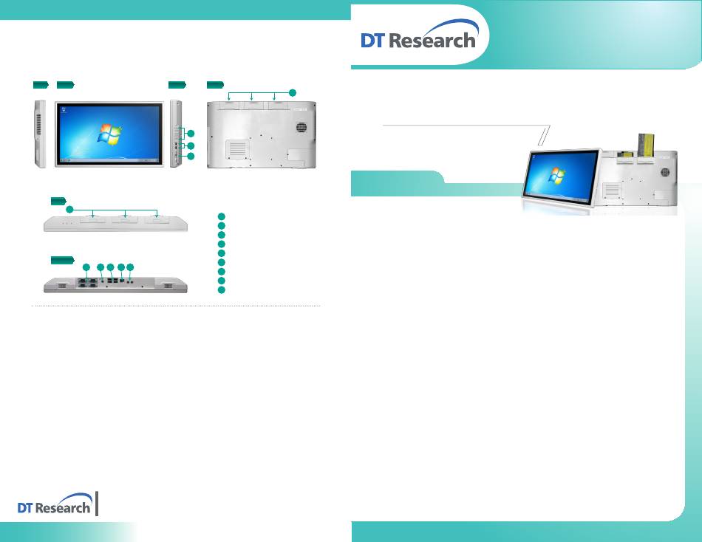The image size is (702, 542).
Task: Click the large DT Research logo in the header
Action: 420,35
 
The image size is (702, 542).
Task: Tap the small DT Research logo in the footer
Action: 55,504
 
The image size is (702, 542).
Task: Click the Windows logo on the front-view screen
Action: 109,134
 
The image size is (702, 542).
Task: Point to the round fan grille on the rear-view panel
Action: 301,127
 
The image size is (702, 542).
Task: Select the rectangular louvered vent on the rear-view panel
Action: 237,149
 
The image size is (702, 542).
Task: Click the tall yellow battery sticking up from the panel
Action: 645,145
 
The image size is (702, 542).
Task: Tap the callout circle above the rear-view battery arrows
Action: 293,92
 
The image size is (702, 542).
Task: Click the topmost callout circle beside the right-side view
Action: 191,134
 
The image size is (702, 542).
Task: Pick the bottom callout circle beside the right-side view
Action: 191,157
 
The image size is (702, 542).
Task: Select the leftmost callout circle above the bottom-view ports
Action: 86,267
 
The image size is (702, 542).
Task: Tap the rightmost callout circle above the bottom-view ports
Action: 130,267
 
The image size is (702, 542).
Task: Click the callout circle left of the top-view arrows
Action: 69,210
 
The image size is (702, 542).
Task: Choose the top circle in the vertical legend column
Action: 221,216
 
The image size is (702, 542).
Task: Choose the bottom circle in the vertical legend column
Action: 221,290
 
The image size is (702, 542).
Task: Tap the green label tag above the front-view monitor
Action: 65,85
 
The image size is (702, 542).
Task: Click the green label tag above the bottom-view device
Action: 62,260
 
